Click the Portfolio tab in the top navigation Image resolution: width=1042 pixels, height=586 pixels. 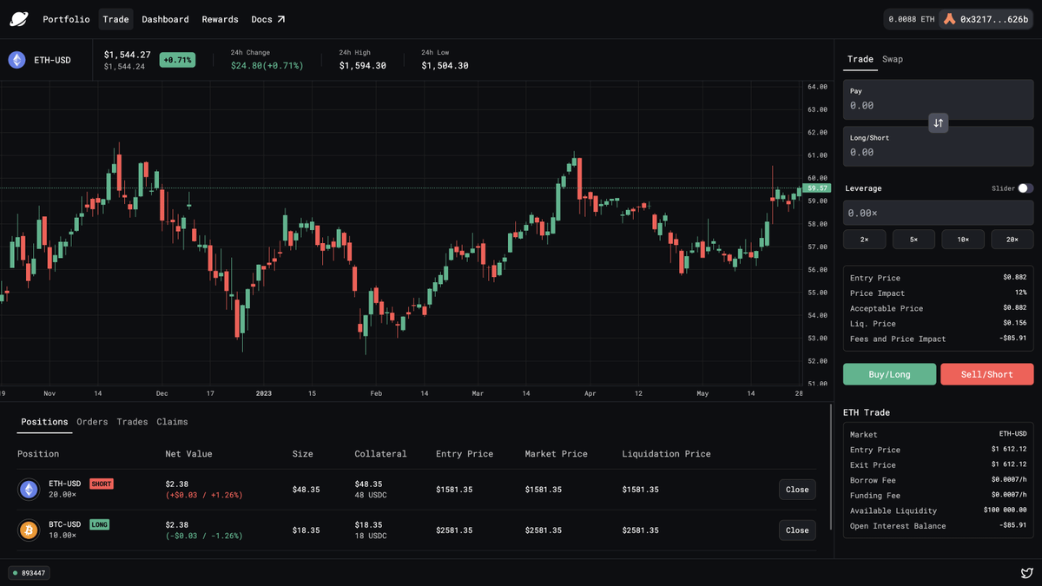tap(66, 19)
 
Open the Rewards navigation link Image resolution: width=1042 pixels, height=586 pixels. tap(220, 19)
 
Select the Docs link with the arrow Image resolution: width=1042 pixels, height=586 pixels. tap(267, 19)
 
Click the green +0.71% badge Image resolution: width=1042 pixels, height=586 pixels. tap(177, 60)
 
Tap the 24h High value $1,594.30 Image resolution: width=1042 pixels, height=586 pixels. tap(362, 66)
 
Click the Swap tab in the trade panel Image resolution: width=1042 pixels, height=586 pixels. tap(893, 59)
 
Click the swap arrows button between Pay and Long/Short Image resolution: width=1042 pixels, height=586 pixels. tap(938, 123)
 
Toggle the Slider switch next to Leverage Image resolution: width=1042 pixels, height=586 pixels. tap(1026, 188)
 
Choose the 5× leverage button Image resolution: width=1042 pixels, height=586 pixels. tap(913, 239)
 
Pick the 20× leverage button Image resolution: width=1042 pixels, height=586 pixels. tap(1012, 239)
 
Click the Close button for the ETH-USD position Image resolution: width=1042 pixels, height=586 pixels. tap(797, 490)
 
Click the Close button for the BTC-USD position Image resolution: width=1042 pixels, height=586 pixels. tap(797, 530)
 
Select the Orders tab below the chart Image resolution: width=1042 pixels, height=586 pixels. tap(92, 422)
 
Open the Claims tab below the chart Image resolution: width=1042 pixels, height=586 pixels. tap(172, 422)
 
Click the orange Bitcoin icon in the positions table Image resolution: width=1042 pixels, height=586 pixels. tap(29, 530)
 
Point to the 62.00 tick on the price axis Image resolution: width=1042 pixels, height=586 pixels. tap(816, 133)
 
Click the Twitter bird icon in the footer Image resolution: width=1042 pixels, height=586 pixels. tap(1026, 573)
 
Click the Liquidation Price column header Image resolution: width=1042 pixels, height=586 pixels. tap(666, 454)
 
